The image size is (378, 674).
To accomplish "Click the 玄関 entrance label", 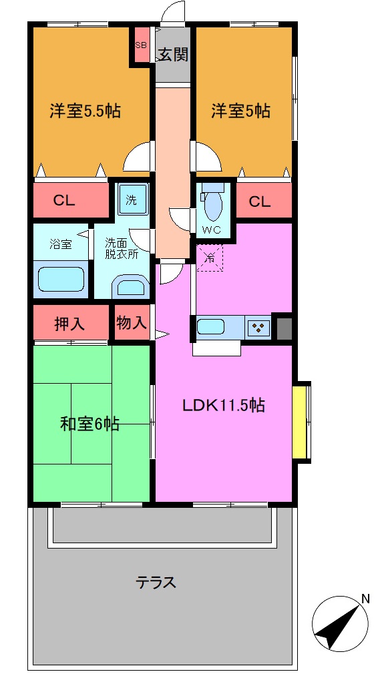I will (173, 54).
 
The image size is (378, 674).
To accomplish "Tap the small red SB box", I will (141, 45).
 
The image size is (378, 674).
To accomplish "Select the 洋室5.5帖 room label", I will (85, 111).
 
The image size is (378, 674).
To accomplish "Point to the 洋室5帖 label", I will (241, 111).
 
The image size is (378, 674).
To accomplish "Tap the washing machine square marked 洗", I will (132, 199).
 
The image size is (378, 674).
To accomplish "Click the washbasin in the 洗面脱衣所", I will (131, 288).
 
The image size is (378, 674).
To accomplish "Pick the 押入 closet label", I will (69, 324).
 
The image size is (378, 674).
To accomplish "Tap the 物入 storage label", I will (131, 324).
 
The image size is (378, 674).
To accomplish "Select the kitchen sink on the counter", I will (210, 328).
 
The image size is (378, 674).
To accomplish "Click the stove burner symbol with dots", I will (258, 328).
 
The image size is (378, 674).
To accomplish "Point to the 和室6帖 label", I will (90, 423).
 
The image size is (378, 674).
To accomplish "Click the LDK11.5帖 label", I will (224, 405).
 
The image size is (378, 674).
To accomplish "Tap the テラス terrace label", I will (156, 583).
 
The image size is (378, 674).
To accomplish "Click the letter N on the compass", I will (365, 599).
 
